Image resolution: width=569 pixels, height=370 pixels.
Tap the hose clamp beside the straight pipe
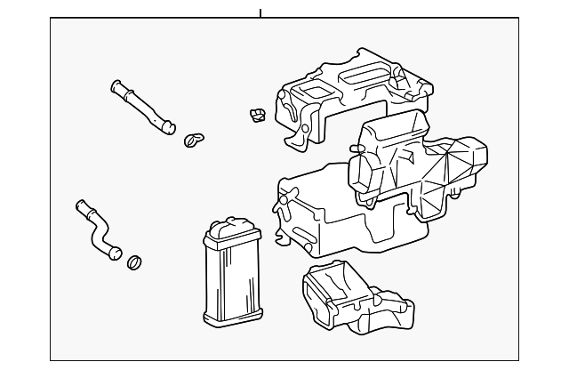pyautogui.click(x=194, y=139)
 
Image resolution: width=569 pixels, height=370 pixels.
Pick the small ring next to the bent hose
pyautogui.click(x=135, y=262)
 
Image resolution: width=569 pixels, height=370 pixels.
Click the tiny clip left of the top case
pyautogui.click(x=258, y=116)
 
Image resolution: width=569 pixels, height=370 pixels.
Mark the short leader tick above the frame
pyautogui.click(x=260, y=12)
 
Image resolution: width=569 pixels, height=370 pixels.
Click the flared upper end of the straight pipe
pyautogui.click(x=116, y=86)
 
